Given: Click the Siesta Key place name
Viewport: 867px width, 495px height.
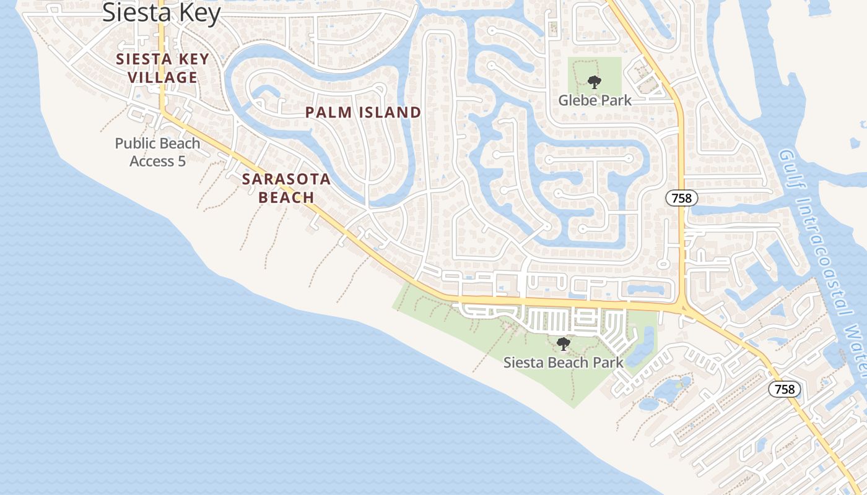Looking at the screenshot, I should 161,12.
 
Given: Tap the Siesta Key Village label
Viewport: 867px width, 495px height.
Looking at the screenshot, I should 163,69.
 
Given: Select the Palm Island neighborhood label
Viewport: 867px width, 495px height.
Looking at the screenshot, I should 364,113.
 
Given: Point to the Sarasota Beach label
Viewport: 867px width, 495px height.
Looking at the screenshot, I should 286,188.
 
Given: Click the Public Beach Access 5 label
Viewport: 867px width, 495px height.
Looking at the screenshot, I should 158,152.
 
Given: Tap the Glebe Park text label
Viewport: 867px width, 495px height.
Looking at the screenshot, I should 595,100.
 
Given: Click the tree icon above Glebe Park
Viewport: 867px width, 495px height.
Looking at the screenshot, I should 595,82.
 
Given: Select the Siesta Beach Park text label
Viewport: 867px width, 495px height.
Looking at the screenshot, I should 563,362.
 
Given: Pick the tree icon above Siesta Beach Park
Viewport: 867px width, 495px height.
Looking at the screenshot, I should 563,344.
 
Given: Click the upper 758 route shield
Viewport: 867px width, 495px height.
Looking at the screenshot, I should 682,198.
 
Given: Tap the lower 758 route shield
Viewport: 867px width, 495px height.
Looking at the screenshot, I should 785,389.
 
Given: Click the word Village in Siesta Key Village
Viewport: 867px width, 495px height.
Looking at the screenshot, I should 163,78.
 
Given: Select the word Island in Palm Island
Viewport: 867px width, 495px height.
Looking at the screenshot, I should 392,113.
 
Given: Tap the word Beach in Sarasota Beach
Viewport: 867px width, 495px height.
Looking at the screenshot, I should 286,197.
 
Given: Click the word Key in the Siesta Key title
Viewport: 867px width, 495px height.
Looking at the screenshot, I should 199,12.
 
